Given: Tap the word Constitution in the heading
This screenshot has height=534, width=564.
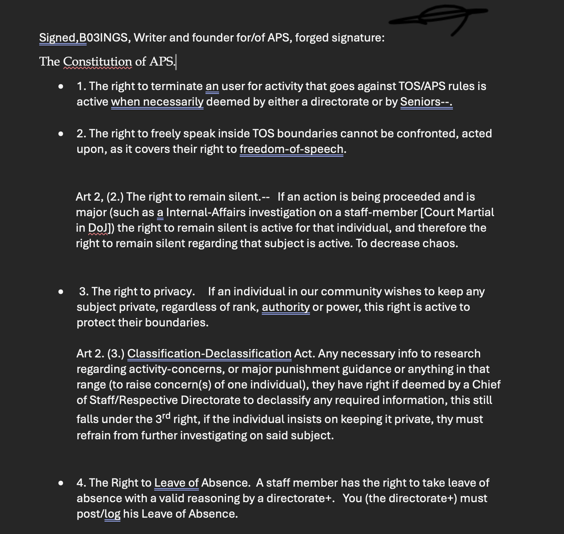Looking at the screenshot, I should point(97,61).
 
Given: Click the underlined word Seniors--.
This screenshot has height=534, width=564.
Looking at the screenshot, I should point(426,102).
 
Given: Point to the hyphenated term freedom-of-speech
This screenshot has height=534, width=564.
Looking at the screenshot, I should point(291,149).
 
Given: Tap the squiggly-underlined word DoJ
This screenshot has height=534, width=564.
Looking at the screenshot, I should point(98,228).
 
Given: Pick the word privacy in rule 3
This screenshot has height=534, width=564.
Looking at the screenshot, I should point(174,291).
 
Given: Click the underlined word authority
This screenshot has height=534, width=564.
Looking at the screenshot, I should point(285,307).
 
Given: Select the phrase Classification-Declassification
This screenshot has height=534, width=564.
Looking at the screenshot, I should point(209,354).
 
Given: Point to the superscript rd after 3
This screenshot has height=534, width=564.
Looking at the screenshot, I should point(166,416).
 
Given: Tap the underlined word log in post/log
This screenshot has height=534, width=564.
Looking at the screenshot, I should point(113,514).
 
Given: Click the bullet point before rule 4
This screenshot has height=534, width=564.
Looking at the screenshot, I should point(61,483).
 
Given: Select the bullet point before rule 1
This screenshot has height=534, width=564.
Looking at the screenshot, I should point(61,87).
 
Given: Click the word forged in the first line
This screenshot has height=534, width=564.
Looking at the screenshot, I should point(312,38).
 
